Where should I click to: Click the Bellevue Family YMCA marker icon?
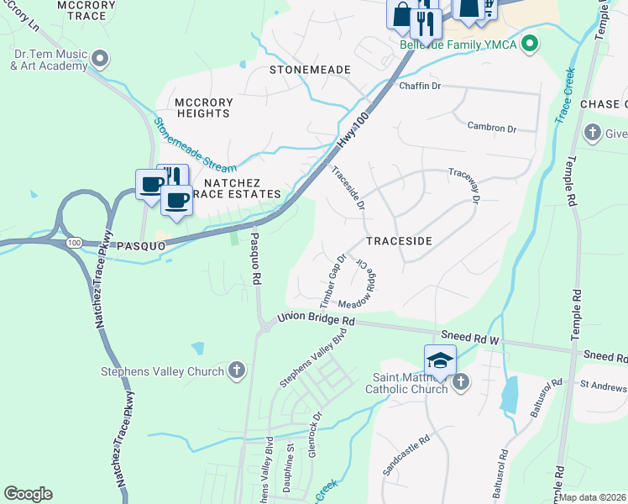pos(529,43)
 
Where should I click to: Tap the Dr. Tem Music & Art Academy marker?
pos(100,59)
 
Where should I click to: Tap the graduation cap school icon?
pos(439,360)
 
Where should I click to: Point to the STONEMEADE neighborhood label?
pos(309,69)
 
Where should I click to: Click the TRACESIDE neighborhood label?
pos(399,241)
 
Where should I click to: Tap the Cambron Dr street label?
pos(491,128)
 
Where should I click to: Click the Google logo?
pos(28,494)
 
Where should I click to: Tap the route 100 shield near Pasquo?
pos(75,243)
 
